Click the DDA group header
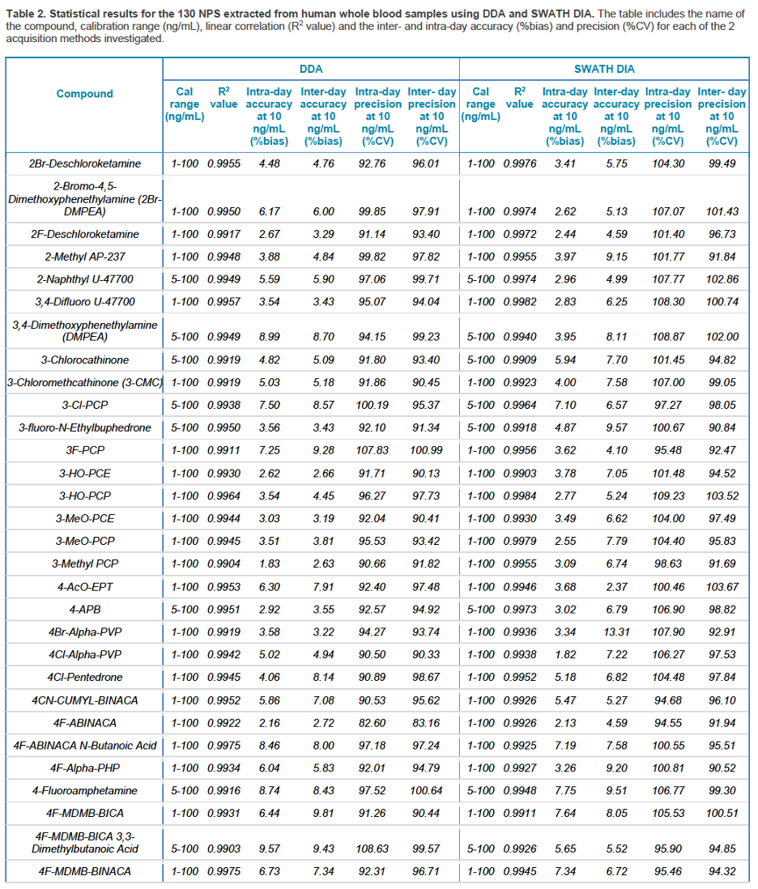point(311,69)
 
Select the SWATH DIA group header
point(604,69)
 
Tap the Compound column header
point(84,94)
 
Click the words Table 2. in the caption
point(25,14)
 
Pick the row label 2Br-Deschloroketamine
point(85,164)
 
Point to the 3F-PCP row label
point(85,451)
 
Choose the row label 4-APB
point(85,610)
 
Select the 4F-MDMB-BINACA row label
point(85,871)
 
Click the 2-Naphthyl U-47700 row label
point(85,279)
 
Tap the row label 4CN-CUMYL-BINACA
point(85,701)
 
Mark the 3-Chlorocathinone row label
point(85,360)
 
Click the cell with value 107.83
point(372,451)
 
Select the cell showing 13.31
point(616,632)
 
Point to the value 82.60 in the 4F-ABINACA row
point(372,724)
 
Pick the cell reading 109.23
point(668,496)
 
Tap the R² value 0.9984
point(520,496)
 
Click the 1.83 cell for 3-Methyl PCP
point(270,564)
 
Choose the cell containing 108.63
point(372,849)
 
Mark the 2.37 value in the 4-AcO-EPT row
point(616,587)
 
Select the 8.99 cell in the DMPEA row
point(270,337)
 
